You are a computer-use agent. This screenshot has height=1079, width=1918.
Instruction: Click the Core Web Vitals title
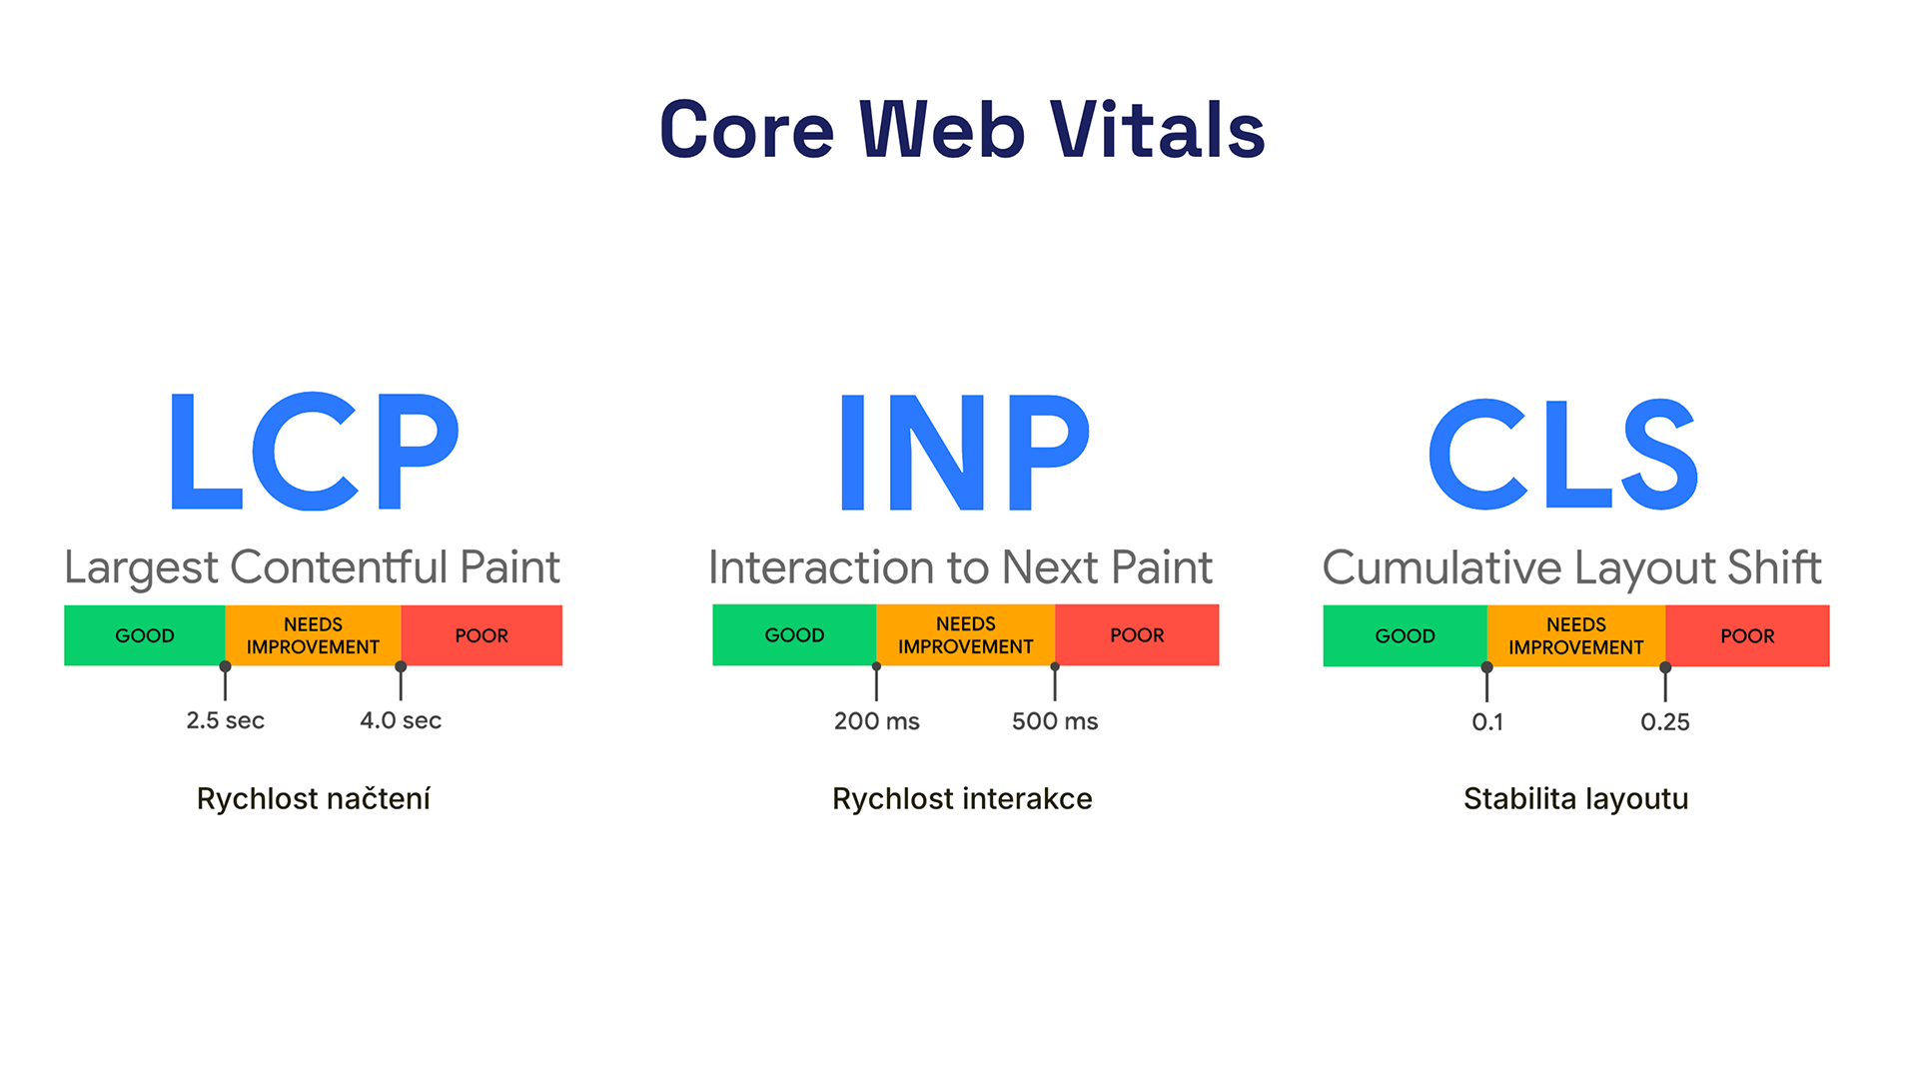click(x=962, y=130)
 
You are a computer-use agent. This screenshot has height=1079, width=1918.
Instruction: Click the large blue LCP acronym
click(x=314, y=452)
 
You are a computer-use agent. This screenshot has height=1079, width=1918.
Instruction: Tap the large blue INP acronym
click(x=964, y=452)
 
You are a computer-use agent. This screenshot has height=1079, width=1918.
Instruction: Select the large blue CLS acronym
click(x=1563, y=455)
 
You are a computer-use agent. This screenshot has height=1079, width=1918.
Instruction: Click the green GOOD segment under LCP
click(x=145, y=635)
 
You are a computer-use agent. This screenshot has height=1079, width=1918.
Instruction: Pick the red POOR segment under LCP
click(x=481, y=635)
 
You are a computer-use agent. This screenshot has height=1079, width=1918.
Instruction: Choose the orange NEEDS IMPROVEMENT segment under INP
click(x=965, y=635)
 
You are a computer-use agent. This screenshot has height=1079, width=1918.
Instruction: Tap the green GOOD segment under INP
click(x=794, y=635)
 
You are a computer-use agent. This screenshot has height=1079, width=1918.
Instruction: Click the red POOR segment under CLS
click(x=1747, y=635)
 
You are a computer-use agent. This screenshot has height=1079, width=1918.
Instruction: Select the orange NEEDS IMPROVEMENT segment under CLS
click(x=1575, y=635)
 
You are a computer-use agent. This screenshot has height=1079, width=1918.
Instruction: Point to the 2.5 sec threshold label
click(x=226, y=720)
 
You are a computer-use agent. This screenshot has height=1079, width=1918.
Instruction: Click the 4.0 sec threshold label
click(x=401, y=720)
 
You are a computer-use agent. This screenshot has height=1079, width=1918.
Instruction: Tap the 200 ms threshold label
click(x=876, y=721)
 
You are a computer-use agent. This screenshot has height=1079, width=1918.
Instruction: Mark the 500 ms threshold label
click(x=1055, y=721)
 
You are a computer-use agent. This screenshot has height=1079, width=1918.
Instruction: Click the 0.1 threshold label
click(x=1487, y=722)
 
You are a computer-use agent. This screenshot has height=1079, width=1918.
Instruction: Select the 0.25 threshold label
click(x=1665, y=722)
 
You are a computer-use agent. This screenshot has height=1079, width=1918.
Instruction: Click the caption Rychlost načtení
click(x=314, y=799)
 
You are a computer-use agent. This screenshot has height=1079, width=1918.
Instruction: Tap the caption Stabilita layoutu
click(x=1575, y=799)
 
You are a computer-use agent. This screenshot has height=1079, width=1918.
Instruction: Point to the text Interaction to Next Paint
click(x=960, y=567)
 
